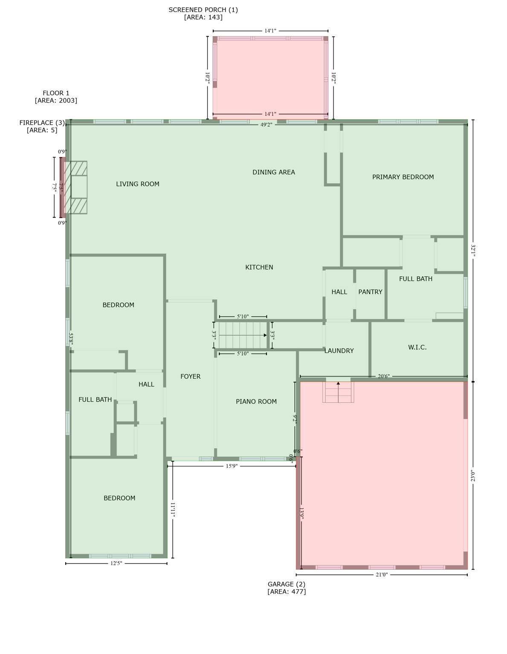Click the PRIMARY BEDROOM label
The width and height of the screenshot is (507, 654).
[x=403, y=177]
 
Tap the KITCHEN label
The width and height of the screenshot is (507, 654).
[x=259, y=267]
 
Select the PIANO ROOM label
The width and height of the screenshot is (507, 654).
[x=256, y=402]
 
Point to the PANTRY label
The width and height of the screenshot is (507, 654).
[x=370, y=292]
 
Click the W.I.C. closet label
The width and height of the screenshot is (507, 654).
[x=417, y=347]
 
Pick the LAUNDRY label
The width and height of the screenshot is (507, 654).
[x=339, y=351]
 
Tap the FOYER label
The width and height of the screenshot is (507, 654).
[x=190, y=376]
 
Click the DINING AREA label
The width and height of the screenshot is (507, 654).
[x=274, y=172]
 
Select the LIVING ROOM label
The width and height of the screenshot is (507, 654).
[x=138, y=184]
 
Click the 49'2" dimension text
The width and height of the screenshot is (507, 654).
[x=267, y=125]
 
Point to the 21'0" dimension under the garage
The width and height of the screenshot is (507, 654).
[x=382, y=575]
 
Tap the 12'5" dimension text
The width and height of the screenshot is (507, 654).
[x=116, y=564]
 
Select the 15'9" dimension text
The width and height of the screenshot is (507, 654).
[x=232, y=466]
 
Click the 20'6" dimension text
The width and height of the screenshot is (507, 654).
[x=384, y=376]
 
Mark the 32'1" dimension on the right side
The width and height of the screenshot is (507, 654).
[x=473, y=250]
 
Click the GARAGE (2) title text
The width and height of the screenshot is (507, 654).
[x=287, y=584]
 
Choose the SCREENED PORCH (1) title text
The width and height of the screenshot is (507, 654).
[x=203, y=10]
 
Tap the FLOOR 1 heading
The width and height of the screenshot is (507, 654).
[x=56, y=93]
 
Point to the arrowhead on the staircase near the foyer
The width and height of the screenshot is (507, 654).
[x=265, y=336]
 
